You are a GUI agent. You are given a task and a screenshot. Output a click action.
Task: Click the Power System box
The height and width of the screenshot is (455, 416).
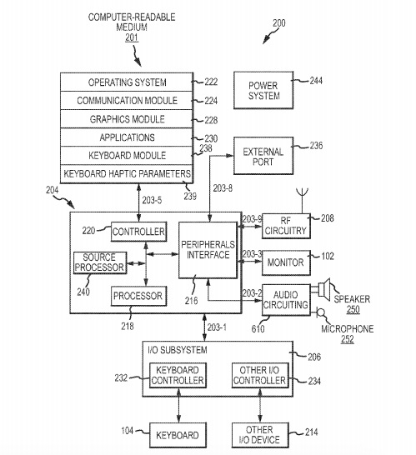(263, 90)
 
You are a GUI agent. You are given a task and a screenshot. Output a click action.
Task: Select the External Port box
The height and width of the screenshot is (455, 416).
(263, 156)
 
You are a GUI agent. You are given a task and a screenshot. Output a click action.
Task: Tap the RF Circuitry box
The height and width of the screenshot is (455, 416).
(286, 226)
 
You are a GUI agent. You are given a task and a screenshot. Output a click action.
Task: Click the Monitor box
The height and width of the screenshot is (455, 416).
(286, 262)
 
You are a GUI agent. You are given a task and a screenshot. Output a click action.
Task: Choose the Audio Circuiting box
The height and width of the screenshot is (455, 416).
(286, 300)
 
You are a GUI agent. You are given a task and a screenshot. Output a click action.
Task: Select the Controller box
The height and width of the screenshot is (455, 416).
(138, 232)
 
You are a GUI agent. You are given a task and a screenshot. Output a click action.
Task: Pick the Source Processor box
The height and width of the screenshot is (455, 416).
(100, 262)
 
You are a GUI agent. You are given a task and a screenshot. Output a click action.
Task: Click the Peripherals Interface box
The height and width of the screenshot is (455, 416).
(208, 250)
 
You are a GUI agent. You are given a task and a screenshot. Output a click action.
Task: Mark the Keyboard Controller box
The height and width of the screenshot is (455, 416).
(178, 375)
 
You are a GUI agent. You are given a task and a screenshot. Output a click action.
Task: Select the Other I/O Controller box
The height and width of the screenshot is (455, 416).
(260, 375)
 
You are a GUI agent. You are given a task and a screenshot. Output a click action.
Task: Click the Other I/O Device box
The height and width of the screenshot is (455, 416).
(260, 435)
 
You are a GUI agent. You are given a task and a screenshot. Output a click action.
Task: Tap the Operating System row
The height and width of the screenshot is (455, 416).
(127, 82)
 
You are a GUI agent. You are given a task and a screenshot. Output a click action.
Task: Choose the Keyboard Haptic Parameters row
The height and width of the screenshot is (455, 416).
(127, 174)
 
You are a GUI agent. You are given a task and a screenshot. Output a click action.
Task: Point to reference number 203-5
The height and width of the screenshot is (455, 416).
(152, 200)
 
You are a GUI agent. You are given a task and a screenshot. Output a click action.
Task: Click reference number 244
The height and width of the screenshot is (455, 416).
(316, 80)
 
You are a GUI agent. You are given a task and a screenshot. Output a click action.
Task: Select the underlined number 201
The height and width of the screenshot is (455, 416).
(132, 37)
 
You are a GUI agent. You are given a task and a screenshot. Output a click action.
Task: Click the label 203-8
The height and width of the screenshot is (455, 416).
(223, 188)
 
